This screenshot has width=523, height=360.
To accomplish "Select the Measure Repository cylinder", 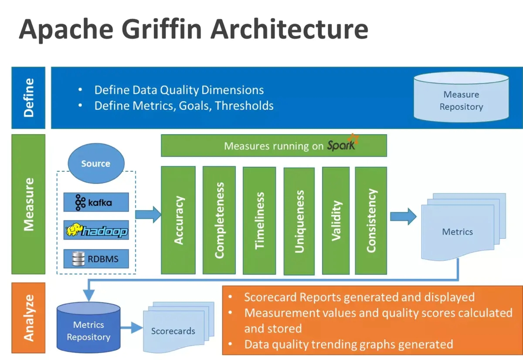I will tap(461, 97).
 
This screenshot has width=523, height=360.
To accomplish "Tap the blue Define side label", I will tap(28, 98).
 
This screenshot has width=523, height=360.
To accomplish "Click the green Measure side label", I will tap(28, 204).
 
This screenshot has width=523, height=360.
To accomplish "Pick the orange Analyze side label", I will tap(28, 318).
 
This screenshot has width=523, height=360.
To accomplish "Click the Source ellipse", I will tap(96, 164).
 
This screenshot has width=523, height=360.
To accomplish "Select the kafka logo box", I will tap(96, 202).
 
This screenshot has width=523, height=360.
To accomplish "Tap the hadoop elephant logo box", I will tap(96, 230).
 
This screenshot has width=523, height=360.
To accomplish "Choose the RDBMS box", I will tap(96, 259).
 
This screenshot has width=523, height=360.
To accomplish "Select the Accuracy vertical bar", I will tap(178, 220).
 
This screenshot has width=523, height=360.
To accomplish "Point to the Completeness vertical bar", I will tap(219, 220).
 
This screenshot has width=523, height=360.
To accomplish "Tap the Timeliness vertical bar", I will tap(259, 221).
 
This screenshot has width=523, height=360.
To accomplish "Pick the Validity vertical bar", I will tap(336, 221).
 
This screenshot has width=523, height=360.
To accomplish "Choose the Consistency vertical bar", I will tap(371, 220).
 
